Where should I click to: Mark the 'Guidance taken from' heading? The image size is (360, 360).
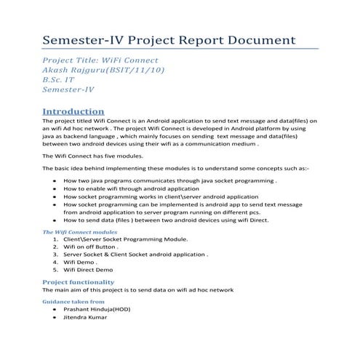[73, 300]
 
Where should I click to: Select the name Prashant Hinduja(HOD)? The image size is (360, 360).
[102, 309]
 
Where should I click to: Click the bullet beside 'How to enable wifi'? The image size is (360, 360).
[55, 188]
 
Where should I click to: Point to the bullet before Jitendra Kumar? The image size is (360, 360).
[55, 318]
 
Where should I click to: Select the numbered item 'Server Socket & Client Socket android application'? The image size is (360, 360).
[135, 255]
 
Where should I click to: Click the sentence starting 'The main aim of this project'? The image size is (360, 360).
[138, 289]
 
